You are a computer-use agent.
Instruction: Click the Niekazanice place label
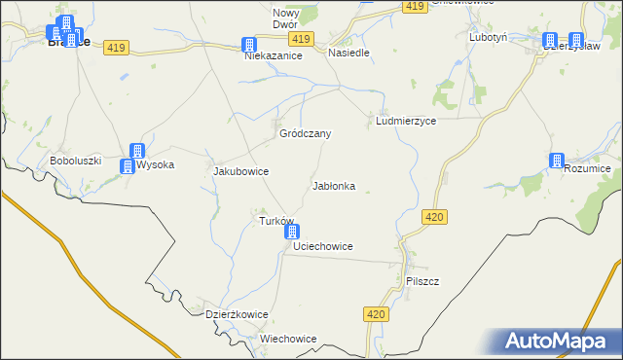pyautogui.click(x=274, y=56)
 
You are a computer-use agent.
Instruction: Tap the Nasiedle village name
pyautogui.click(x=348, y=53)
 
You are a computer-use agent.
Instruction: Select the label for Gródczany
pyautogui.click(x=306, y=133)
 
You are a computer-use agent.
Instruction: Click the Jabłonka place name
pyautogui.click(x=333, y=186)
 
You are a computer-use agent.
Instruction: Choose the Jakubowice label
pyautogui.click(x=240, y=171)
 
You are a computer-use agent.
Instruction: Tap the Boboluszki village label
pyautogui.click(x=76, y=161)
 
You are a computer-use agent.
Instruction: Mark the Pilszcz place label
pyautogui.click(x=422, y=281)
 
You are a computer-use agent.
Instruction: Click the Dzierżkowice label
pyautogui.click(x=237, y=315)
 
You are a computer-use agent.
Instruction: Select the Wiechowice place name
pyautogui.click(x=288, y=339)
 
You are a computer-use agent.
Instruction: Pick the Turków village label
pyautogui.click(x=276, y=221)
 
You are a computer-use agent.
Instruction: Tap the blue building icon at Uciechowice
pyautogui.click(x=292, y=233)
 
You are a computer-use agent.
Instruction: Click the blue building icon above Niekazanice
pyautogui.click(x=249, y=45)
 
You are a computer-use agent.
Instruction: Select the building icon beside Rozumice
pyautogui.click(x=557, y=161)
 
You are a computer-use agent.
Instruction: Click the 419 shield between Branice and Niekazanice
pyautogui.click(x=118, y=48)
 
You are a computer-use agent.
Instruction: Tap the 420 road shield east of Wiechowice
pyautogui.click(x=379, y=314)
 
